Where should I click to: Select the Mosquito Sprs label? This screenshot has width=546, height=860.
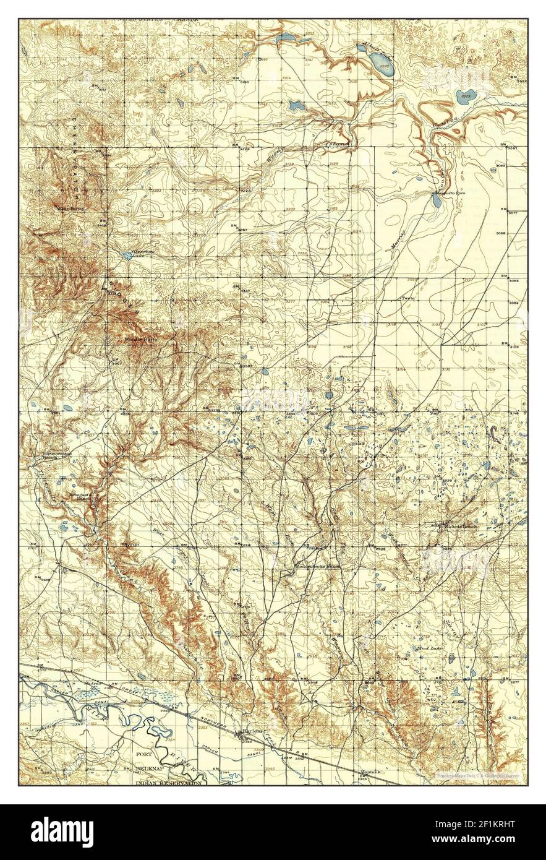coord(448,193)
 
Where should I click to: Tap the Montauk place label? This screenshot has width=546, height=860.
coord(371,772)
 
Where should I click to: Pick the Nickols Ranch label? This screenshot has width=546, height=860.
coord(461,527)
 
